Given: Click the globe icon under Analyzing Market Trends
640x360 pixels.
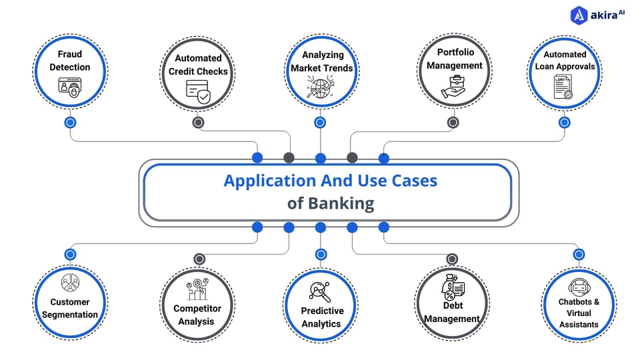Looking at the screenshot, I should [x=320, y=89].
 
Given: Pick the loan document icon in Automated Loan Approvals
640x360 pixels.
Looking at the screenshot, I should [x=563, y=87].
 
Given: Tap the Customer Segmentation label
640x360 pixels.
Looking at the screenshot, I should [x=69, y=308].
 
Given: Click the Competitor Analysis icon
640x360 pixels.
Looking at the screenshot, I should [x=197, y=289].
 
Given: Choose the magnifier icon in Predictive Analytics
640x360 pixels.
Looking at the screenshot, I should [x=320, y=291].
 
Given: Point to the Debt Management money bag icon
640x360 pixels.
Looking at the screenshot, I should [x=451, y=288].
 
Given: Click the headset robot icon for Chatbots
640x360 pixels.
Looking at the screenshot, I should [x=578, y=287].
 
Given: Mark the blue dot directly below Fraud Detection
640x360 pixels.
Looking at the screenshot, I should [x=70, y=123].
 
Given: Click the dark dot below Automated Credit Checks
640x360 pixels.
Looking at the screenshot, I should [x=198, y=123].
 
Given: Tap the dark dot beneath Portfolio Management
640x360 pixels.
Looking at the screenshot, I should [x=453, y=123].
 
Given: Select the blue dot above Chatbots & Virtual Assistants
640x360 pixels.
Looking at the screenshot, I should [x=579, y=254].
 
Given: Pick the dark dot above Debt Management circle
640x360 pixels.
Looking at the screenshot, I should [x=452, y=259].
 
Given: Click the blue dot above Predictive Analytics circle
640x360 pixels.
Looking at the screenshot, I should [x=321, y=254].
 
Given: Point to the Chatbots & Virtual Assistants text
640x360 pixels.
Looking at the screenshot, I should [x=579, y=313].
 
